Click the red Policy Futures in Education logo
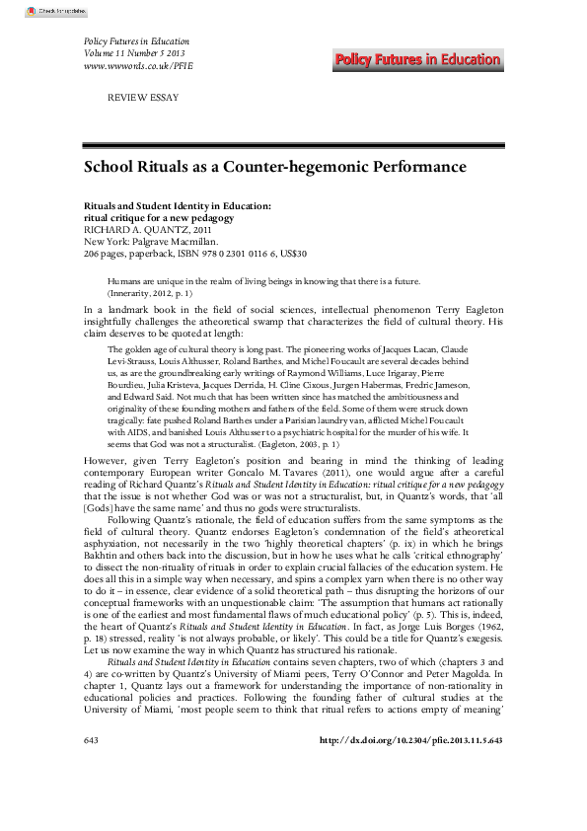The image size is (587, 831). (430, 60)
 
